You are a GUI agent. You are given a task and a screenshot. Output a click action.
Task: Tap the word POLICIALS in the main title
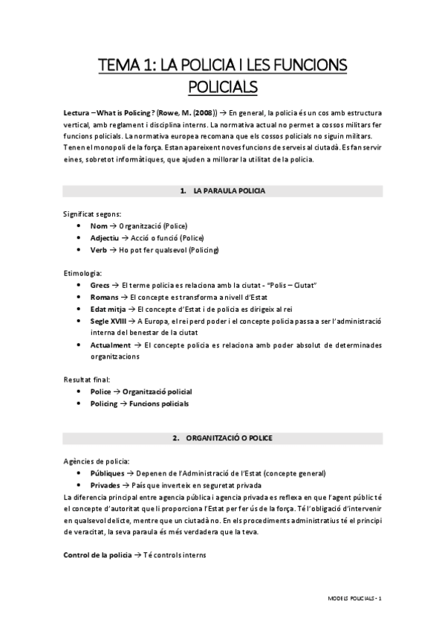(222, 87)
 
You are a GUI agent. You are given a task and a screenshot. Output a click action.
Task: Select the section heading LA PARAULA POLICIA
(229, 191)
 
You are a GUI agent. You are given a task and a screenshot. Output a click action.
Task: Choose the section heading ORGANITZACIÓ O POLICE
(229, 438)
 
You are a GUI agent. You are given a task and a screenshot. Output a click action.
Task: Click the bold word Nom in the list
(99, 225)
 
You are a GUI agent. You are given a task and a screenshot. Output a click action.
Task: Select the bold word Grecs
(100, 285)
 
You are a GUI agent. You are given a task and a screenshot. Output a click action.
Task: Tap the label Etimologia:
(83, 273)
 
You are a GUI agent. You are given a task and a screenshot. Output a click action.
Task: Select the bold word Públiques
(108, 473)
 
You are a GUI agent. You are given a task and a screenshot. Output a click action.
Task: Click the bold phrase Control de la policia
(97, 556)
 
